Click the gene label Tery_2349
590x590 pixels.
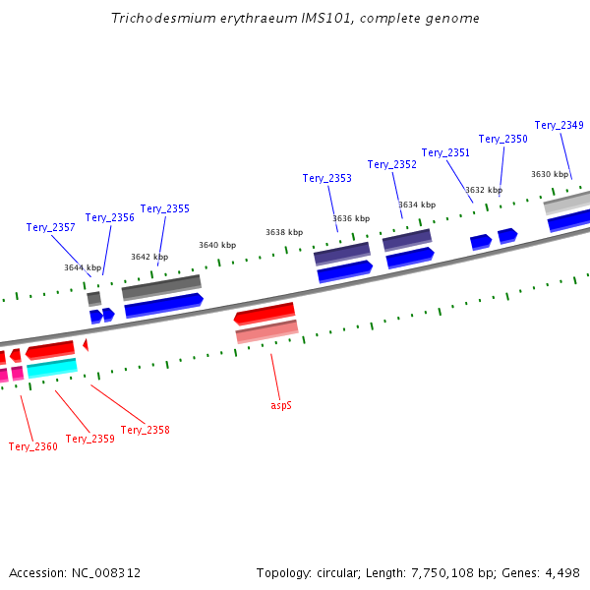click(559, 125)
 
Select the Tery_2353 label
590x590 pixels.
click(327, 178)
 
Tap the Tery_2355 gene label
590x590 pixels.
click(165, 208)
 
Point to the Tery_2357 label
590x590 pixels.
click(50, 227)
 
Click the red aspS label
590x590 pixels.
click(281, 405)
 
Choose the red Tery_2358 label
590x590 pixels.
click(146, 430)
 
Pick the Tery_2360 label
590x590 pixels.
click(33, 446)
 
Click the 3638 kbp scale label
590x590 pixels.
click(284, 232)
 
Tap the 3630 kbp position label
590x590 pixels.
click(550, 174)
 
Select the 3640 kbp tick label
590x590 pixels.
click(217, 245)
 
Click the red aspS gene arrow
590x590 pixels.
click(265, 314)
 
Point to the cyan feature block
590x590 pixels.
click(52, 368)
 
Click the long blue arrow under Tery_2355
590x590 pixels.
click(164, 306)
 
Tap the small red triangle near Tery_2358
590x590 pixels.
click(86, 345)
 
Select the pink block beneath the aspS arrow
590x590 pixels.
click(267, 331)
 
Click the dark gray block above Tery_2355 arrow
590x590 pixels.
click(161, 287)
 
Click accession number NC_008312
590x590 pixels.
click(106, 573)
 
